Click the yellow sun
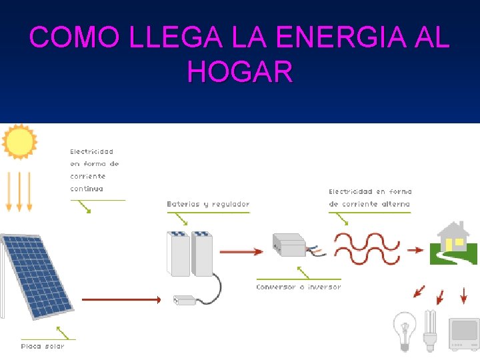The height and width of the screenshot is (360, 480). [19, 142]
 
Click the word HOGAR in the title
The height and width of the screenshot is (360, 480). [240, 72]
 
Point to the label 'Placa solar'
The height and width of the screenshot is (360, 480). [43, 346]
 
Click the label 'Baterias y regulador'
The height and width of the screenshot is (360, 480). [208, 204]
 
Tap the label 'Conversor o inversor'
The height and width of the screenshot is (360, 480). [298, 287]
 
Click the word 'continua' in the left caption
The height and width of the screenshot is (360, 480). [87, 189]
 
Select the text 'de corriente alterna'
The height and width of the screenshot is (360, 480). [369, 204]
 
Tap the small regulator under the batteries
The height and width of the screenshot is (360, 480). [185, 301]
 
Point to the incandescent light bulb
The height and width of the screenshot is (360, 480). [404, 331]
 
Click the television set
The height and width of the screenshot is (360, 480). [464, 333]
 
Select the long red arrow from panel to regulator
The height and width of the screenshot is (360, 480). [121, 300]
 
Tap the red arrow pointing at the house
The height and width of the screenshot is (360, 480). [415, 251]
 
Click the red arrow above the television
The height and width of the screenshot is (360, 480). [463, 295]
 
